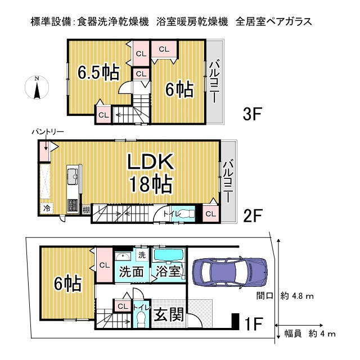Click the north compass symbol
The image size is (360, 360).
pos(37,88)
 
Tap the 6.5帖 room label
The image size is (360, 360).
pos(97,73)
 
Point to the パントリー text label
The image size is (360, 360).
pos(47,132)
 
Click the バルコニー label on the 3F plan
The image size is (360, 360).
pos(214,82)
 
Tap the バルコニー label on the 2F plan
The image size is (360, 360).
pos(228,181)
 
